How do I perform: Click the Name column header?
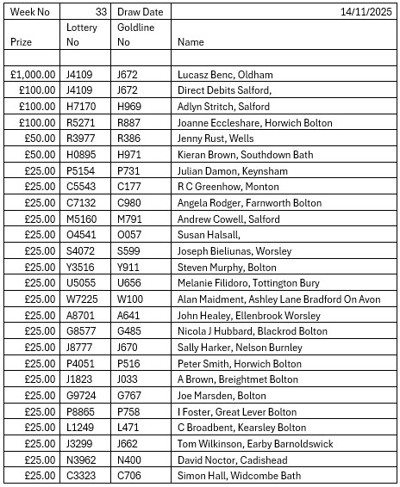tap(191, 41)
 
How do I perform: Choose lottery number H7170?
tap(83, 107)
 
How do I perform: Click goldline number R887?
tap(130, 123)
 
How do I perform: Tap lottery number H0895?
tap(83, 155)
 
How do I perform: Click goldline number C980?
tap(129, 203)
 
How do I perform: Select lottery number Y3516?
tap(82, 267)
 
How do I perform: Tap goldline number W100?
tap(131, 299)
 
